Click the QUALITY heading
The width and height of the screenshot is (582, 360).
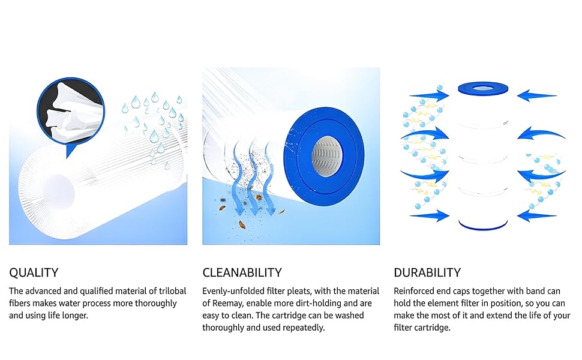(34, 273)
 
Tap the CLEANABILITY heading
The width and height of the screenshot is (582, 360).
(242, 273)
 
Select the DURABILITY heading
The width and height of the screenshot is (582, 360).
(427, 273)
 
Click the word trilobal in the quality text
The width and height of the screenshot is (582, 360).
(173, 291)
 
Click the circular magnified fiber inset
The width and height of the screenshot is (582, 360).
(71, 111)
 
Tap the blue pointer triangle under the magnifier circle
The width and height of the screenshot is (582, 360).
(71, 151)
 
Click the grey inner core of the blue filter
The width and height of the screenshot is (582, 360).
(326, 156)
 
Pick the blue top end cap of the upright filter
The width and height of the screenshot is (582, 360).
(483, 89)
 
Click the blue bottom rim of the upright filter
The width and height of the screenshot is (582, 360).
(483, 226)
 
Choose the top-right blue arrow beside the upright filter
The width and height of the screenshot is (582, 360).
(537, 95)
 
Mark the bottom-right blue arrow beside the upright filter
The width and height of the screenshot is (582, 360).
(537, 215)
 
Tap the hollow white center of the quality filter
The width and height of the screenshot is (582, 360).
(58, 193)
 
